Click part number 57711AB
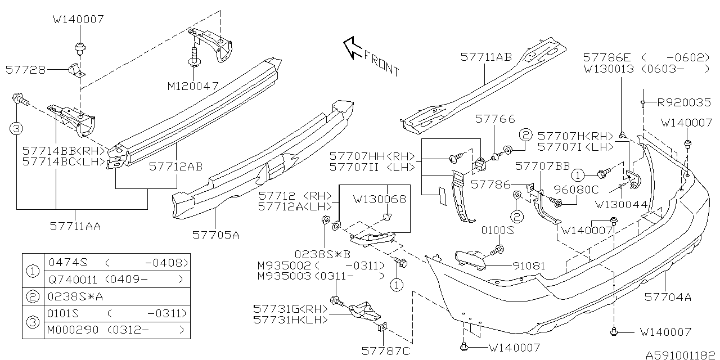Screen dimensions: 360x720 486,57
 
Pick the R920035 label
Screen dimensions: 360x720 684,103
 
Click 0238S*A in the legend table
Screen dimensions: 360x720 70,296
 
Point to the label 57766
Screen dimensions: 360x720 487,119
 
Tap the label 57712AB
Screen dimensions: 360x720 175,166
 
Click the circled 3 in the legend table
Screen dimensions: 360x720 33,322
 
